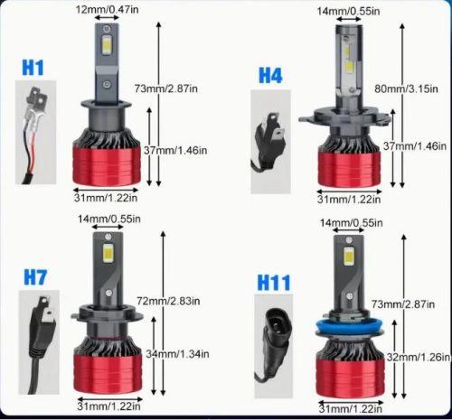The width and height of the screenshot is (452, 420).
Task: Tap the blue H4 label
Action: pyautogui.click(x=270, y=76)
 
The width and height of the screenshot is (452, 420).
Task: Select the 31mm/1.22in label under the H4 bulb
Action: pyautogui.click(x=349, y=198)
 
